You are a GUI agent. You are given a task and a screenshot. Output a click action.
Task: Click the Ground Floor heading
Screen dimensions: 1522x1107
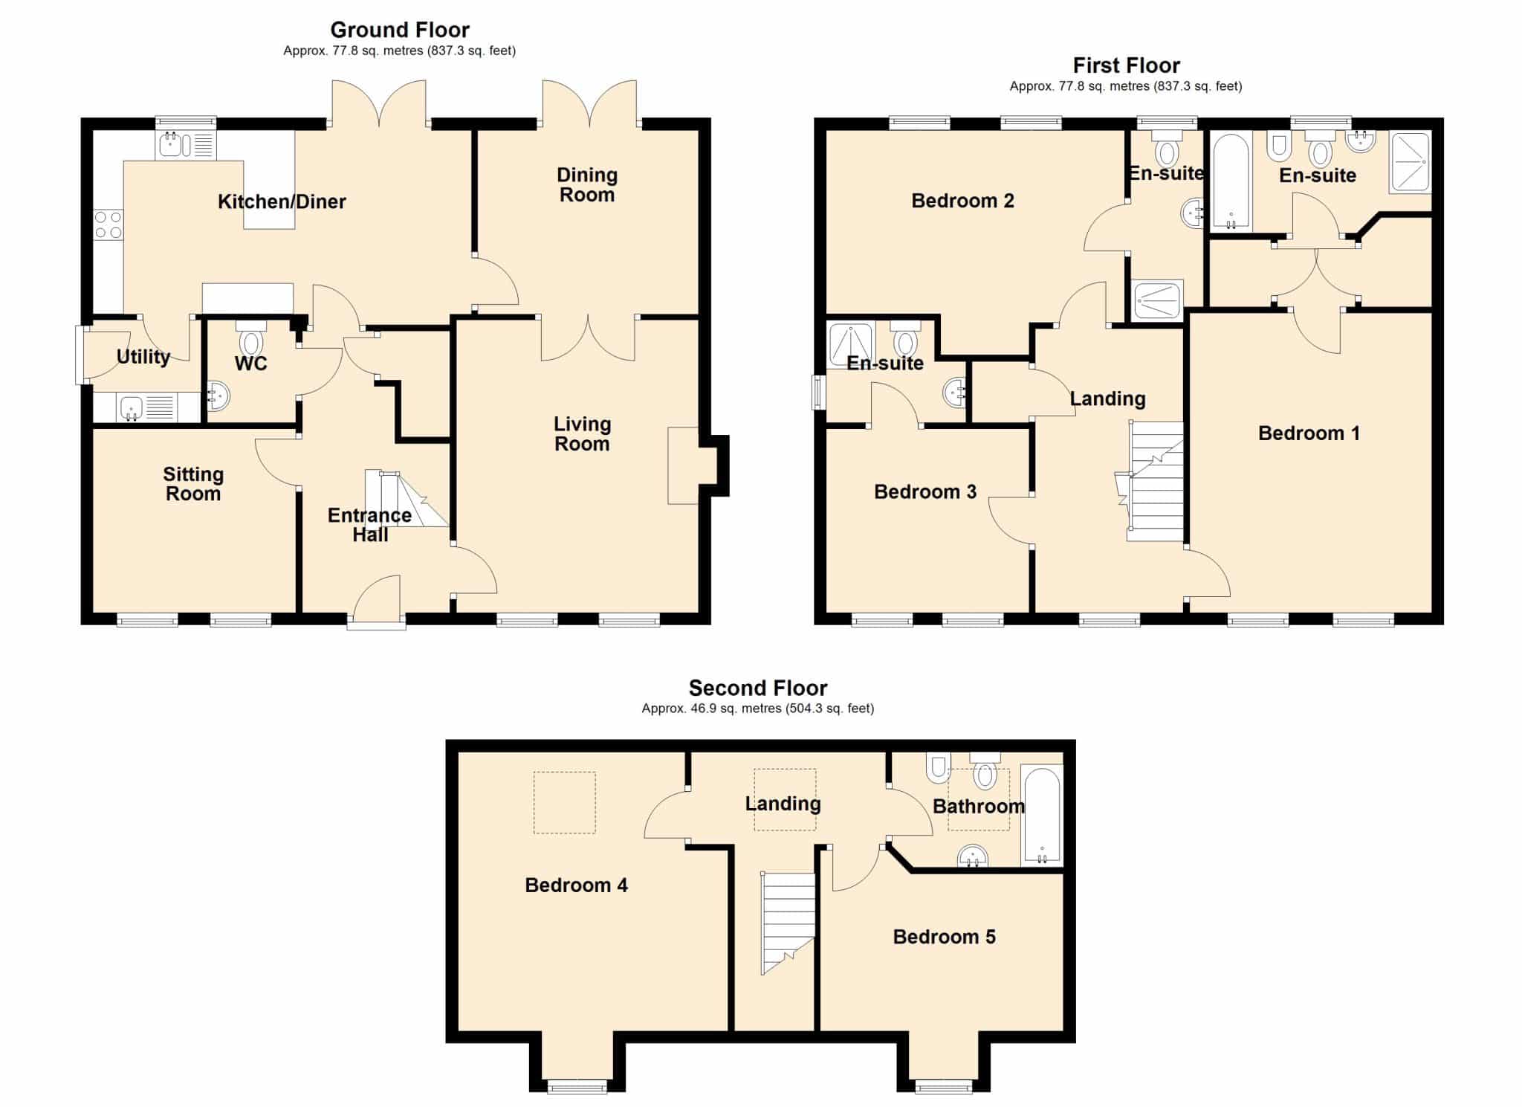[x=400, y=30]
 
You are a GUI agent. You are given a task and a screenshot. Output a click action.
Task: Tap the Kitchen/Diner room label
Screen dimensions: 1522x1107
[x=282, y=201]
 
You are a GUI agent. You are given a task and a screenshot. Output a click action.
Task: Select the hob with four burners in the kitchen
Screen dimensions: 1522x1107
[x=109, y=225]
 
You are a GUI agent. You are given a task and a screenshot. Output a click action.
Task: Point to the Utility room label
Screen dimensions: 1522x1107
[x=143, y=357]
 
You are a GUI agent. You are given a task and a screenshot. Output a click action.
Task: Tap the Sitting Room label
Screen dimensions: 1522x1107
[x=193, y=484]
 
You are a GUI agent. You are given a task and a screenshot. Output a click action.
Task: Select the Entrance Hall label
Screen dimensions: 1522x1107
[x=370, y=525]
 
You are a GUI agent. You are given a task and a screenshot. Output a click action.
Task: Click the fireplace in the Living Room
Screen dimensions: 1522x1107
[x=684, y=465]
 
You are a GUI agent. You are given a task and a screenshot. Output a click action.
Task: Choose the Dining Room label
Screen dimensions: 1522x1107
[x=587, y=185]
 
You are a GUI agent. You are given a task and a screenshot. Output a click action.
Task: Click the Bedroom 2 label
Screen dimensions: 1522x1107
[x=962, y=201]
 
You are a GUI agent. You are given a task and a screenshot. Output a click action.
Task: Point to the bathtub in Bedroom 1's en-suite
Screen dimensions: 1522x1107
[x=1232, y=181]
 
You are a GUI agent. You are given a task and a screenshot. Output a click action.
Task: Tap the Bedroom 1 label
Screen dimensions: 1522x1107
[x=1309, y=433]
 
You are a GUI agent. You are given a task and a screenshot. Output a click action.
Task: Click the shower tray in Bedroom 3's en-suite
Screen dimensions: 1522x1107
[x=850, y=346]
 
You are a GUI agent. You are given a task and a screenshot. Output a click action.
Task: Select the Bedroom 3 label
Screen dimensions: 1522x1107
[x=925, y=491]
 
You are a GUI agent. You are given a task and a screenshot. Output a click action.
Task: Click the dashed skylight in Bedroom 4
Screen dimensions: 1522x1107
[x=565, y=802]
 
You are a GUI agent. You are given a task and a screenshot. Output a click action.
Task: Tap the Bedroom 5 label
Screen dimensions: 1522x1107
[x=944, y=937]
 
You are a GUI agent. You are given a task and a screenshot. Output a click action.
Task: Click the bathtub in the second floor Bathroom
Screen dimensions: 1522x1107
[x=1042, y=816]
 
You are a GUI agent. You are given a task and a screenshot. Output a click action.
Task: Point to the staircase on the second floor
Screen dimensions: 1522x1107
[x=788, y=923]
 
